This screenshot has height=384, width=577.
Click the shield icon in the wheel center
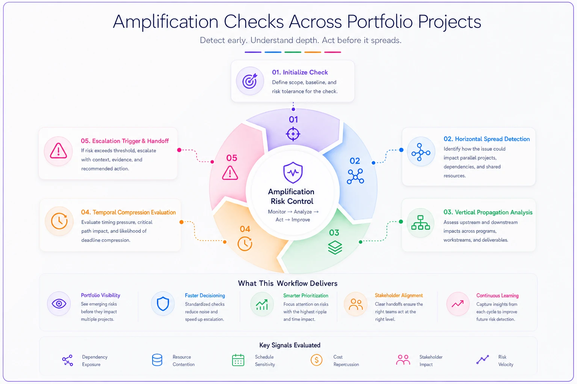pos(293,172)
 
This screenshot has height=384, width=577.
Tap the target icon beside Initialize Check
pos(249,81)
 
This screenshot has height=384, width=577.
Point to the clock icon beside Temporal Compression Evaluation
pos(59,221)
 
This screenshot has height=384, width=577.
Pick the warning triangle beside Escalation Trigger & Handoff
pos(59,151)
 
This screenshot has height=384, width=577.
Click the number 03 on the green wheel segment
pos(334,233)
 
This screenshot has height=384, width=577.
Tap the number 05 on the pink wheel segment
pos(231,158)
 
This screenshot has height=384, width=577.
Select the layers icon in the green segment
pos(335,247)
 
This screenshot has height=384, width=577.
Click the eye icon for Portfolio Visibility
pos(59,304)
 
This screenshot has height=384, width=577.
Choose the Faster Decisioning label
pos(205,295)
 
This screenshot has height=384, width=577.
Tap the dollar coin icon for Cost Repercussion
pos(317,360)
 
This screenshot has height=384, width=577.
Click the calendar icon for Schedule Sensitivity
pos(238,360)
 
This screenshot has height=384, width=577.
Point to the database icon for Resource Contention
pos(157,360)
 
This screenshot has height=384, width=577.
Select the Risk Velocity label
pos(506,361)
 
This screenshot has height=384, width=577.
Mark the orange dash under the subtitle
pos(313,52)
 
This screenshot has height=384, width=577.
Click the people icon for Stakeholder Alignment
pos(356,304)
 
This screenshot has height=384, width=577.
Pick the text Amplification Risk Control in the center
pos(292,196)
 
